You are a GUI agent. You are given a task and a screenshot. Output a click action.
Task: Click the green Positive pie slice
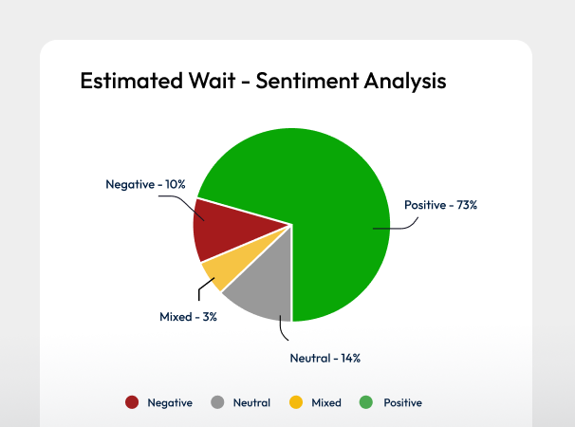coord(323,190)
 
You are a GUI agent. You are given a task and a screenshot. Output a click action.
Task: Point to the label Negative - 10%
coord(145,184)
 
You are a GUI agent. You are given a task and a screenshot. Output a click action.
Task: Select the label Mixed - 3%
coord(189,317)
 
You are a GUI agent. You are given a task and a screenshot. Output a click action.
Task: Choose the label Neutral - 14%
coord(325,358)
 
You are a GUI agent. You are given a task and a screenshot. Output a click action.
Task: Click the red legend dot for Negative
coord(132,402)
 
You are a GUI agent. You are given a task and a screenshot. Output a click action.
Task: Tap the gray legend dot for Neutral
coord(217,402)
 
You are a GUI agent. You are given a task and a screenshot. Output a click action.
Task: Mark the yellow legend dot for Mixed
coord(295,402)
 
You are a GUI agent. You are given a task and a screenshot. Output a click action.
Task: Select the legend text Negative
coord(170,402)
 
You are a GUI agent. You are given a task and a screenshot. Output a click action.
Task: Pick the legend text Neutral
coord(251,402)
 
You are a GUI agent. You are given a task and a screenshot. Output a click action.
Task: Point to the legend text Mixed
coord(326,402)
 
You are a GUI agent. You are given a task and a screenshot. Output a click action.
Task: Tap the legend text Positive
coord(402,402)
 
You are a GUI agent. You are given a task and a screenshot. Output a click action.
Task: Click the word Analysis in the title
coord(405,81)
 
